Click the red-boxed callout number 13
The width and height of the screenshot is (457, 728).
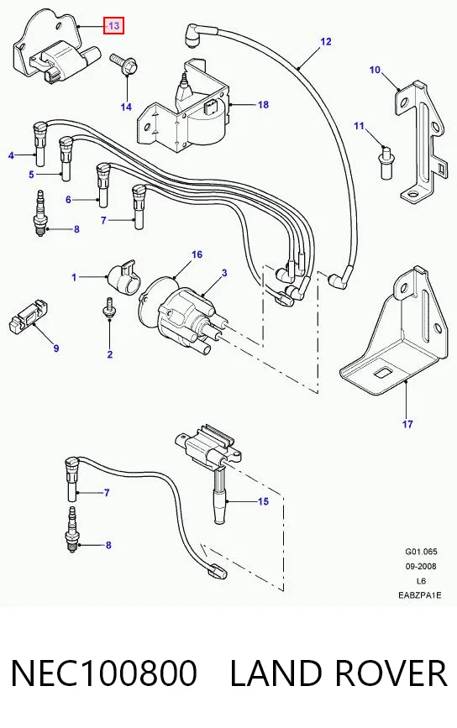point(114,26)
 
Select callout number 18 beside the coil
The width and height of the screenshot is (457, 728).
point(263,105)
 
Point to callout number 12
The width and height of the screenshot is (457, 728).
point(326,42)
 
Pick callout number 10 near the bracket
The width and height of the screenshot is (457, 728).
point(375,70)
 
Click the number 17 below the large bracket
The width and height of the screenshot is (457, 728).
point(407,424)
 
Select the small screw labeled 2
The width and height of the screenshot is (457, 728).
point(108,308)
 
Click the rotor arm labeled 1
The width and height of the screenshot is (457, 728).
point(123,278)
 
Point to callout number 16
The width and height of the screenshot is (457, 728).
point(197,254)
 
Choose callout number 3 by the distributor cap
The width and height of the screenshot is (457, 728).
point(224,273)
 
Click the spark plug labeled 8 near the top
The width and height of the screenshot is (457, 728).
point(42,213)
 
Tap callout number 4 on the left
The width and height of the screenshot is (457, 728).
point(11,156)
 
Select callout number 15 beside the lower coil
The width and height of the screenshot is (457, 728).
point(263,501)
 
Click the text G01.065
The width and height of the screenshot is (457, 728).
point(421,552)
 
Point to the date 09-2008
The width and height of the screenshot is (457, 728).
point(421,566)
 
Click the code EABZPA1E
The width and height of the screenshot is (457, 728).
point(420,594)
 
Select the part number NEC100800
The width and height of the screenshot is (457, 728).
point(104,673)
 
